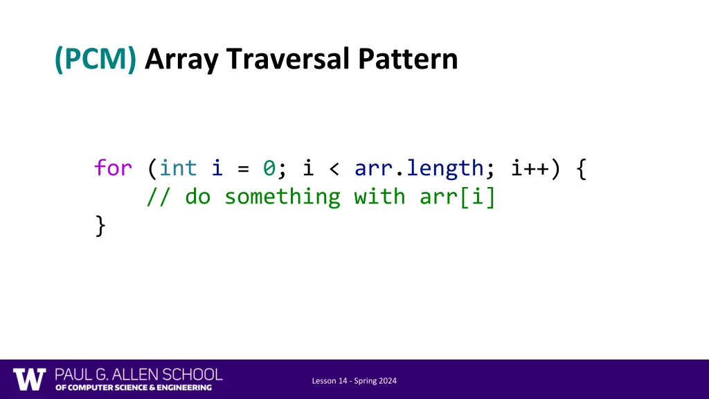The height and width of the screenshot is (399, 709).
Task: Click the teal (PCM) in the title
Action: point(96,60)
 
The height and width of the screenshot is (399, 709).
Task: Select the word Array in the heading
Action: point(182,60)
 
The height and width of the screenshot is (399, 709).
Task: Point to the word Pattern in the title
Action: point(408,60)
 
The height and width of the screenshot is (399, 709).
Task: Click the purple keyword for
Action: point(114,168)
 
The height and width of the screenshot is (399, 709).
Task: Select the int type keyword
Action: point(179,168)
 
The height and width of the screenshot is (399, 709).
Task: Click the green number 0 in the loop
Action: point(269,168)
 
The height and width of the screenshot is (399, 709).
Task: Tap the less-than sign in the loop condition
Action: point(334,168)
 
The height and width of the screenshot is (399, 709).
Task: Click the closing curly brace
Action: point(101,226)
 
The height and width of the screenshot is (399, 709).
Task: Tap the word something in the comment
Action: point(282,197)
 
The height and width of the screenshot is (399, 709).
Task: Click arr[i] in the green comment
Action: point(458,197)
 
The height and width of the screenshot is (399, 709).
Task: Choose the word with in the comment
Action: point(379,197)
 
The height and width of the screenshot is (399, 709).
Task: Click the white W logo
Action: point(30,379)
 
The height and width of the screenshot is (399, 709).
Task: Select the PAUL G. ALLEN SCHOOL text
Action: point(138,375)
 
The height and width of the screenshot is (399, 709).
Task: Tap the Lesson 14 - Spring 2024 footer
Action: point(354,381)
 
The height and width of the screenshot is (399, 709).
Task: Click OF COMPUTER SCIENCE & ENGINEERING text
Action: point(134,388)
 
